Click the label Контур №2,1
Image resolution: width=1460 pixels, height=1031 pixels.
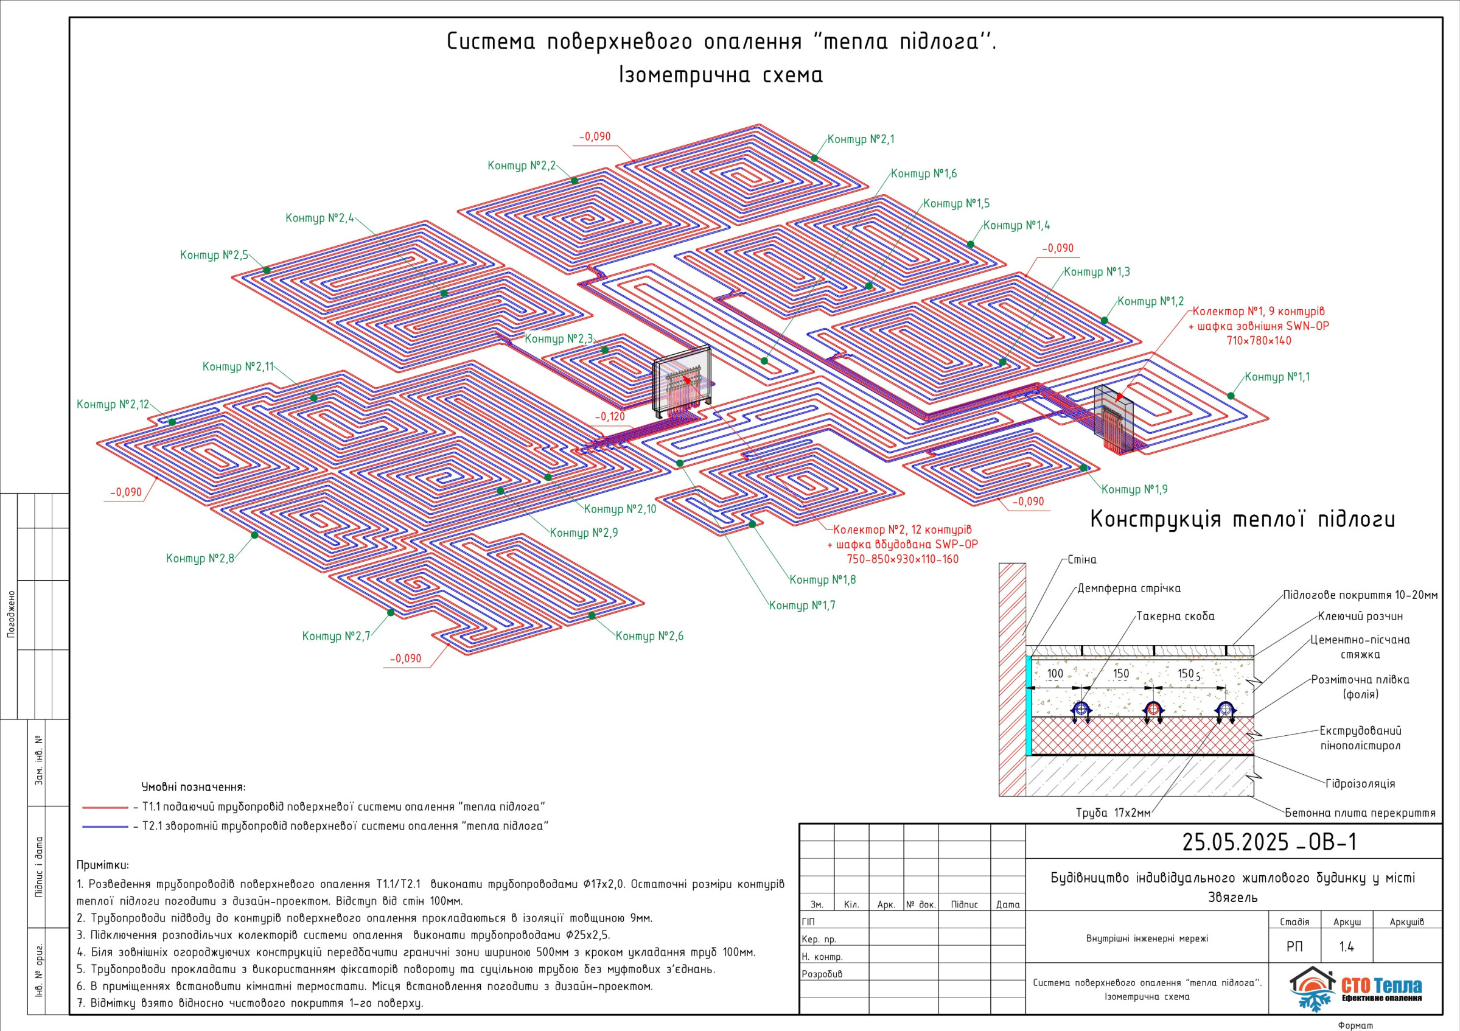tap(861, 139)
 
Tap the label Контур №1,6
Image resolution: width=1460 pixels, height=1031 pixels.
tap(923, 173)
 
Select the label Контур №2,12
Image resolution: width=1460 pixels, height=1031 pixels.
tap(113, 405)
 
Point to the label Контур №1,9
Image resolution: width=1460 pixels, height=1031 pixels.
tap(1134, 489)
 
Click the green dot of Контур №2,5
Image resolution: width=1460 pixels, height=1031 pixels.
tap(267, 270)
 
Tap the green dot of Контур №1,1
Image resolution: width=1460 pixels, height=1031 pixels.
tap(1231, 396)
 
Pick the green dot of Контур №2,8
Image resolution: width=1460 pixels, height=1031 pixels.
tap(254, 535)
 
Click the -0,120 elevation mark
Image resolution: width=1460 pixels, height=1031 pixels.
tap(610, 416)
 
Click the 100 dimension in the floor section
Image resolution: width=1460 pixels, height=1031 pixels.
tap(1055, 674)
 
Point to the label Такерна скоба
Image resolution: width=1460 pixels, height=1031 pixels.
tap(1175, 617)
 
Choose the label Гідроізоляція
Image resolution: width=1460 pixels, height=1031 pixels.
tap(1360, 783)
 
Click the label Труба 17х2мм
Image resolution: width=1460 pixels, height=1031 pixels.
tap(1113, 813)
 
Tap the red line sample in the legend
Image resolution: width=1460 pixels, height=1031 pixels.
tap(105, 808)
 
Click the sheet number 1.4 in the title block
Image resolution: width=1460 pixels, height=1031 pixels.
tap(1346, 947)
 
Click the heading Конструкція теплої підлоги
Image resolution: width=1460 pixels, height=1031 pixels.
tap(1243, 519)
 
